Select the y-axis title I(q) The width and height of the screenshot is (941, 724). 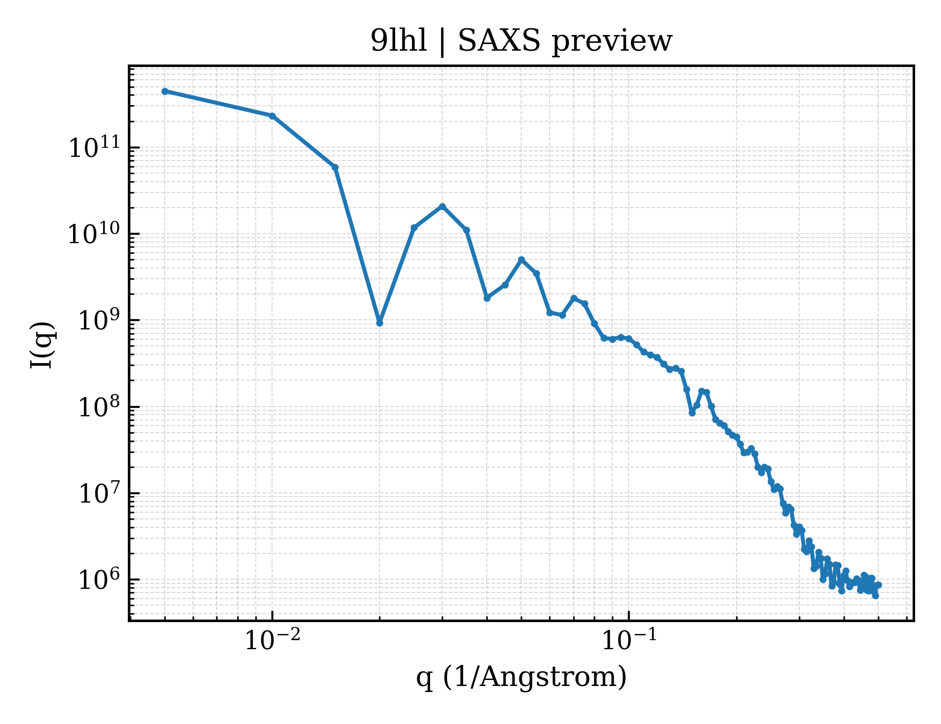(42, 345)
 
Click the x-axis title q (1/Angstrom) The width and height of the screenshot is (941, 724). (521, 677)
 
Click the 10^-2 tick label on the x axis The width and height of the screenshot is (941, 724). (272, 640)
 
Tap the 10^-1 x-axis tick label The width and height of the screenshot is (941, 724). (629, 640)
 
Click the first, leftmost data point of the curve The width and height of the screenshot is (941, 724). (165, 91)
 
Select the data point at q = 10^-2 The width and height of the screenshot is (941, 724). (273, 116)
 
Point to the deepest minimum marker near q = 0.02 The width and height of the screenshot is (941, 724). (380, 323)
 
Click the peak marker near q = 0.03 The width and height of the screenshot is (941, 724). (442, 206)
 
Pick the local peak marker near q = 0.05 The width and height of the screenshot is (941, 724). (522, 260)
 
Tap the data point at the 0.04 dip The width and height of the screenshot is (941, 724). (487, 298)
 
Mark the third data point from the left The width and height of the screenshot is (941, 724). (335, 168)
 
